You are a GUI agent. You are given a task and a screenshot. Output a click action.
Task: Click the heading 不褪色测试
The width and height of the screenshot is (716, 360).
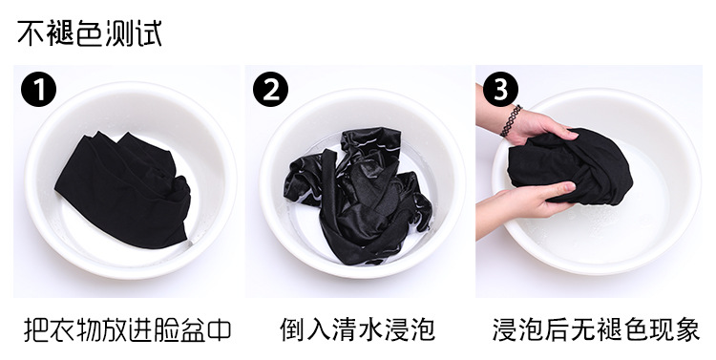click(x=90, y=33)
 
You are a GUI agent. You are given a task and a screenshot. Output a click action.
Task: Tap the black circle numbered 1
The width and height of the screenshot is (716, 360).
click(x=39, y=90)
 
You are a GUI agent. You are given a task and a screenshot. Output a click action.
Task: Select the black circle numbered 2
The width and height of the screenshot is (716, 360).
click(x=271, y=90)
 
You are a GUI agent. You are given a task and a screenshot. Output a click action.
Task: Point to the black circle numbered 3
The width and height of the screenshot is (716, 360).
click(x=501, y=90)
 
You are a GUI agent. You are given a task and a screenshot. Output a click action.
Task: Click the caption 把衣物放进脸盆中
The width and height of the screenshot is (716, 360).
click(x=127, y=329)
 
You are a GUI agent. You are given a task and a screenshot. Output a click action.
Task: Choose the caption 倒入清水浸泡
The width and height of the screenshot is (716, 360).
click(x=358, y=329)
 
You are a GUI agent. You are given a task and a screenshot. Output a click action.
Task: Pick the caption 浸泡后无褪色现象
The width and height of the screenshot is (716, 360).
click(x=596, y=329)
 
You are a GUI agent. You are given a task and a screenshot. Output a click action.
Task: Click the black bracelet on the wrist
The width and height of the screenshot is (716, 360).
click(x=511, y=121)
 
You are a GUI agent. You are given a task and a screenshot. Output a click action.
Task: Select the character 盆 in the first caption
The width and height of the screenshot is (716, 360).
click(x=193, y=329)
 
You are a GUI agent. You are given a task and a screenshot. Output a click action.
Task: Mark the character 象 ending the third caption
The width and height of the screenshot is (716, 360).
click(x=687, y=329)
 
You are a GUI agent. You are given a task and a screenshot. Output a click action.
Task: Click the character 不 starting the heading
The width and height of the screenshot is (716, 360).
click(x=32, y=33)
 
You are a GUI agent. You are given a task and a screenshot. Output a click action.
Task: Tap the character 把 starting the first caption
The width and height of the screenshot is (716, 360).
click(x=36, y=329)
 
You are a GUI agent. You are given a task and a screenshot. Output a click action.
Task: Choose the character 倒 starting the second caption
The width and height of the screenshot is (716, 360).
click(x=293, y=329)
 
